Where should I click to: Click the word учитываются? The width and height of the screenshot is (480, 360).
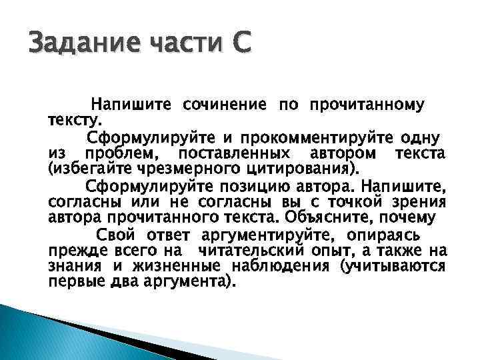(x=391, y=267)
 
